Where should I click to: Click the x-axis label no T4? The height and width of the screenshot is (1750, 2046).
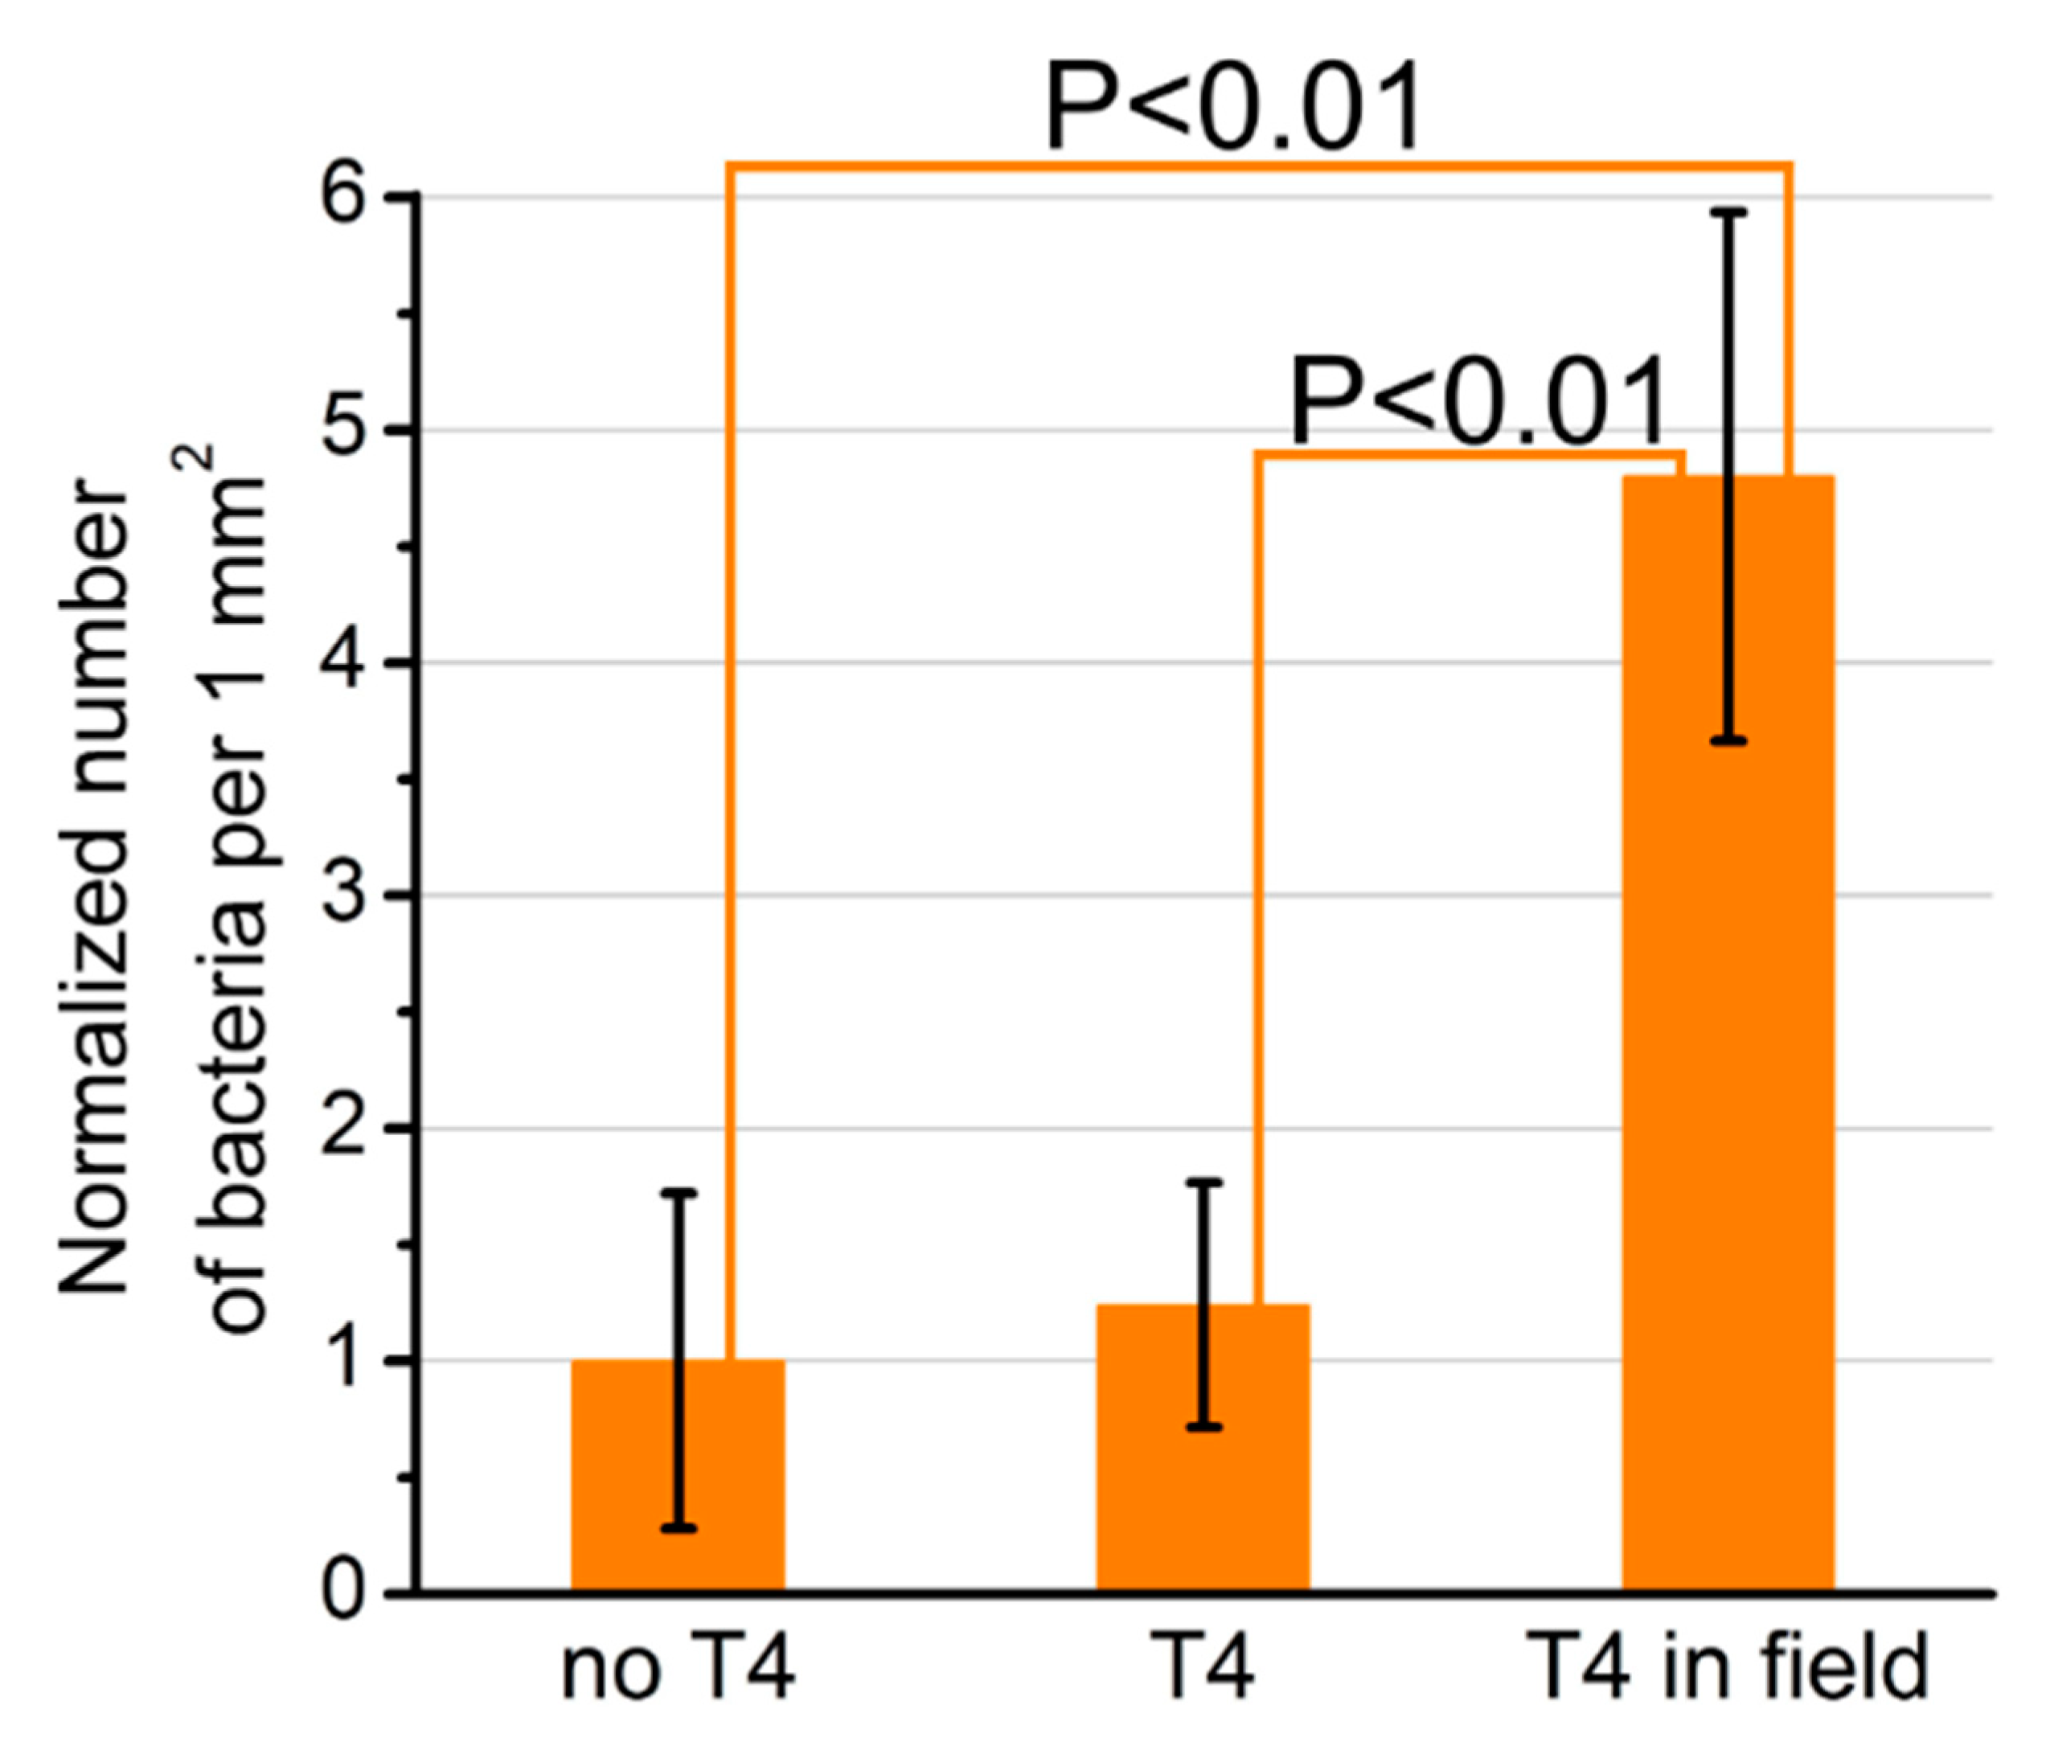point(678,1670)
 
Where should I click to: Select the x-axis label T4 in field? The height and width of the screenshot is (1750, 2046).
point(1727,1668)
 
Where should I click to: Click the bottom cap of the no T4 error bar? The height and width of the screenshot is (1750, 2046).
point(679,1529)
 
